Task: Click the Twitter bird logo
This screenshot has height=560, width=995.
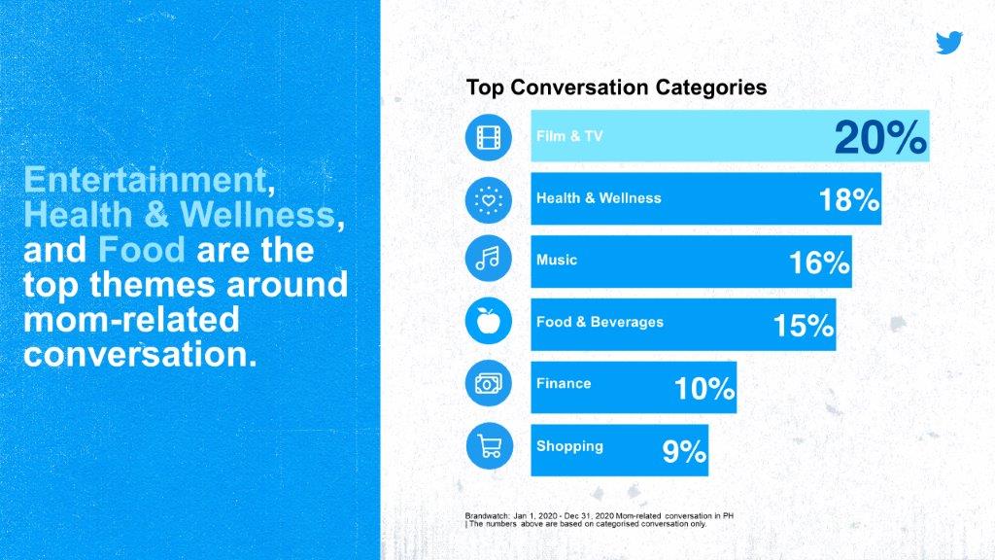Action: [x=949, y=43]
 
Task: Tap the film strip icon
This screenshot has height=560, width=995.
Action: [x=489, y=137]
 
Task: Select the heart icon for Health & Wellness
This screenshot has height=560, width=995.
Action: [x=489, y=200]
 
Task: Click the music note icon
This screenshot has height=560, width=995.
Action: [x=489, y=259]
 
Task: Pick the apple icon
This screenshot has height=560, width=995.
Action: [x=489, y=321]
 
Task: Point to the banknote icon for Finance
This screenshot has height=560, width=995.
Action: [x=489, y=383]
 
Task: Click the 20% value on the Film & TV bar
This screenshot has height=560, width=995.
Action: [x=880, y=137]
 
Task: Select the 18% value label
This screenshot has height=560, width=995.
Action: [x=849, y=200]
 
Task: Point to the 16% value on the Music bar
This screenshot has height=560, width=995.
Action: [x=819, y=262]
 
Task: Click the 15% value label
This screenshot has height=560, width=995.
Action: [x=804, y=326]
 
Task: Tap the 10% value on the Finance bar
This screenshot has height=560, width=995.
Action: [x=704, y=388]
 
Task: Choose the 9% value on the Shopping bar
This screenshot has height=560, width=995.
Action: [x=684, y=451]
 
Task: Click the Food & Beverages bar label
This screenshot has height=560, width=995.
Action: [x=600, y=322]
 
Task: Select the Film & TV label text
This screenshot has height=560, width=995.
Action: [x=569, y=136]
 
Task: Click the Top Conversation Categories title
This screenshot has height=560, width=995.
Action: [x=616, y=87]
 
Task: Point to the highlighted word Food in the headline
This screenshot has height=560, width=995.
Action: [x=142, y=250]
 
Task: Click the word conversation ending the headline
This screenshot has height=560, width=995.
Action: [x=140, y=354]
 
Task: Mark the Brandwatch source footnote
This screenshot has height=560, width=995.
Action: [x=599, y=520]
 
